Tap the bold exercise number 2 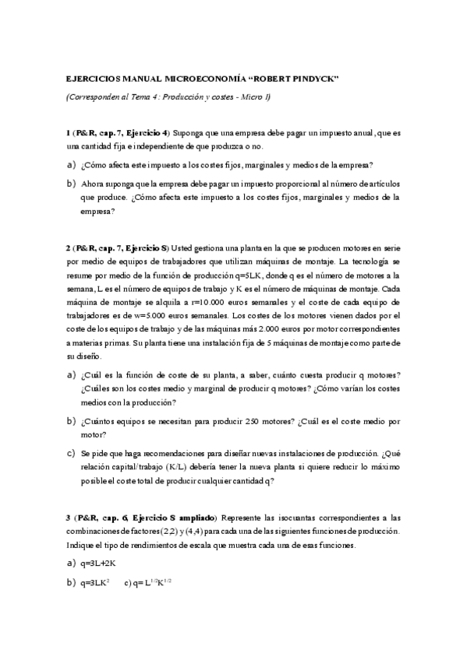click(69, 247)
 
